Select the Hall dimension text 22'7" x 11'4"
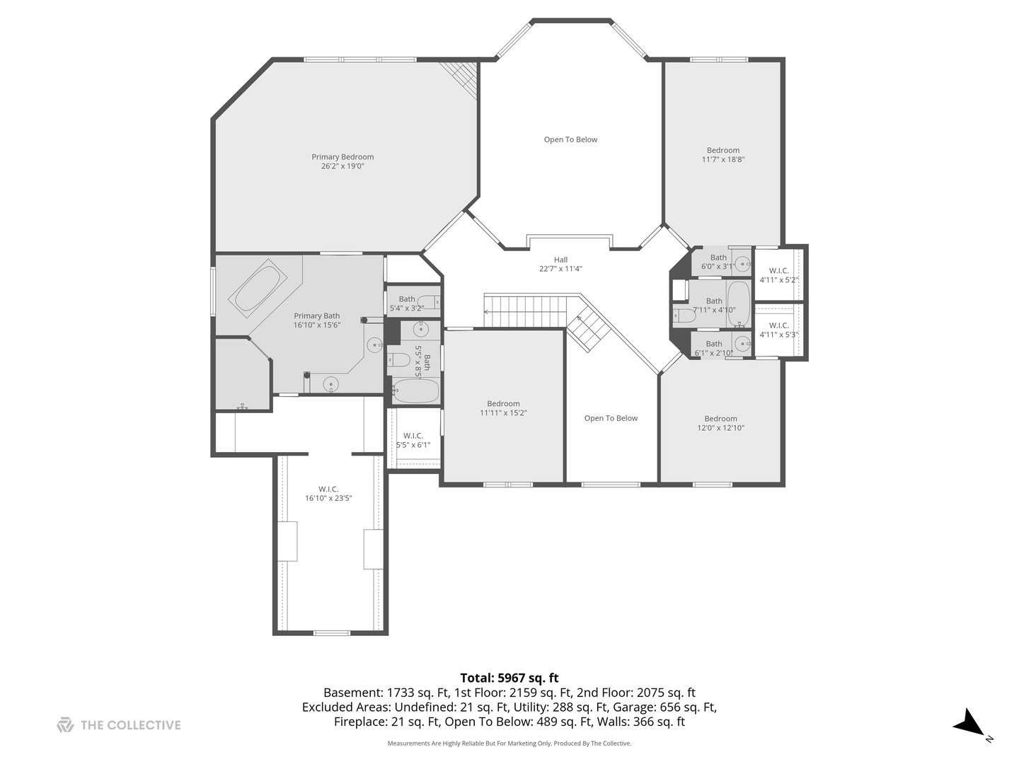tap(560, 269)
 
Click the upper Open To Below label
tap(570, 139)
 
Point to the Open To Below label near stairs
tap(611, 418)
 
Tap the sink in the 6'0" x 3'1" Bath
tap(742, 264)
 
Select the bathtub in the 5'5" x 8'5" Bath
tap(415, 391)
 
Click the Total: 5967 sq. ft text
tap(509, 678)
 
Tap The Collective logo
tap(65, 725)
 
